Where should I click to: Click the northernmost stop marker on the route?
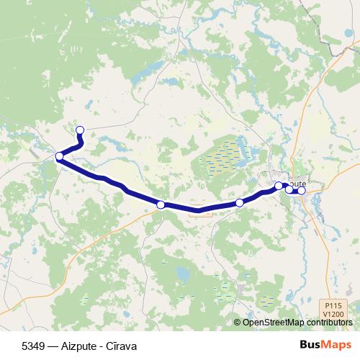[x=80, y=130]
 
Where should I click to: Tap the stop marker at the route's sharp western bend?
[x=59, y=156]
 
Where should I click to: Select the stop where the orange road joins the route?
[x=161, y=205]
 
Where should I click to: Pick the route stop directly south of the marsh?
[x=240, y=204]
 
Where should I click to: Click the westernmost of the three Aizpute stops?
[x=279, y=186]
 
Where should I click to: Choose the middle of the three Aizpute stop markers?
[x=289, y=189]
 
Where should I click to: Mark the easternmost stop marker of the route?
[x=302, y=191]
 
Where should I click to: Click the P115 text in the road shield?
[x=332, y=307]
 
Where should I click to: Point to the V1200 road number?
[x=332, y=315]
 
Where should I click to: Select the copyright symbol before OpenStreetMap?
[x=238, y=323]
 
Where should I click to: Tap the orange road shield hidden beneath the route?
[x=197, y=210]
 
